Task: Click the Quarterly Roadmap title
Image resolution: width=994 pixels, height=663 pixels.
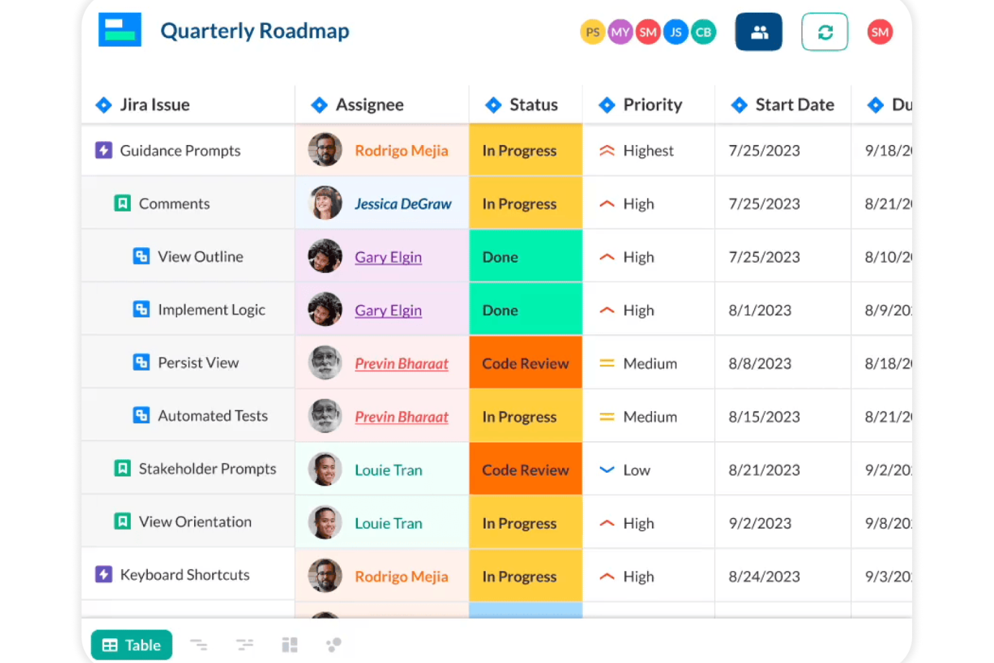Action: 255,31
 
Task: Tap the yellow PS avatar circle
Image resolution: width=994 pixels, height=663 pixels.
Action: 592,32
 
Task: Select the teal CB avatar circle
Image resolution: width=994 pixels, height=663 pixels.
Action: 703,32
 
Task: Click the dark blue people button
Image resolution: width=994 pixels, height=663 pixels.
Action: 759,32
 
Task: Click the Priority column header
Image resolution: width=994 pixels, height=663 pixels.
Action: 652,105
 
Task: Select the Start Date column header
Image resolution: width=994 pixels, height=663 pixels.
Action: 795,105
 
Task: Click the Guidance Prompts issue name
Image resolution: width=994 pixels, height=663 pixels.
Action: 180,150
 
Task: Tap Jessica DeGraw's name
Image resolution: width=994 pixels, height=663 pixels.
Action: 403,204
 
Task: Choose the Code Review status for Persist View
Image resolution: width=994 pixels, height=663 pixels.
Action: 525,363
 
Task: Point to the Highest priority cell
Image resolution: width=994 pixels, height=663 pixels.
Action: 647,150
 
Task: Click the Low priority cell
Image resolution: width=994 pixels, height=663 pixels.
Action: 636,470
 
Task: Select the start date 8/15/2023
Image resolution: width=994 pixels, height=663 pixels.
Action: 764,416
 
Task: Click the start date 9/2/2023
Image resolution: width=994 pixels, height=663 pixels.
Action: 760,523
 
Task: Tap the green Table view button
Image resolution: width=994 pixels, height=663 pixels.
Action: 132,645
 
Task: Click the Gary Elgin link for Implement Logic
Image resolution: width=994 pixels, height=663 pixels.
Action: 388,310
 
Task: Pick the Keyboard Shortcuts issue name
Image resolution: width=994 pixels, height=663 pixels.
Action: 185,575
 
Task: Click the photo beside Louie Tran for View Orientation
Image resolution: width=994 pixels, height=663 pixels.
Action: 325,523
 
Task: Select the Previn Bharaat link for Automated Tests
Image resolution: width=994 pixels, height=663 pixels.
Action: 402,416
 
